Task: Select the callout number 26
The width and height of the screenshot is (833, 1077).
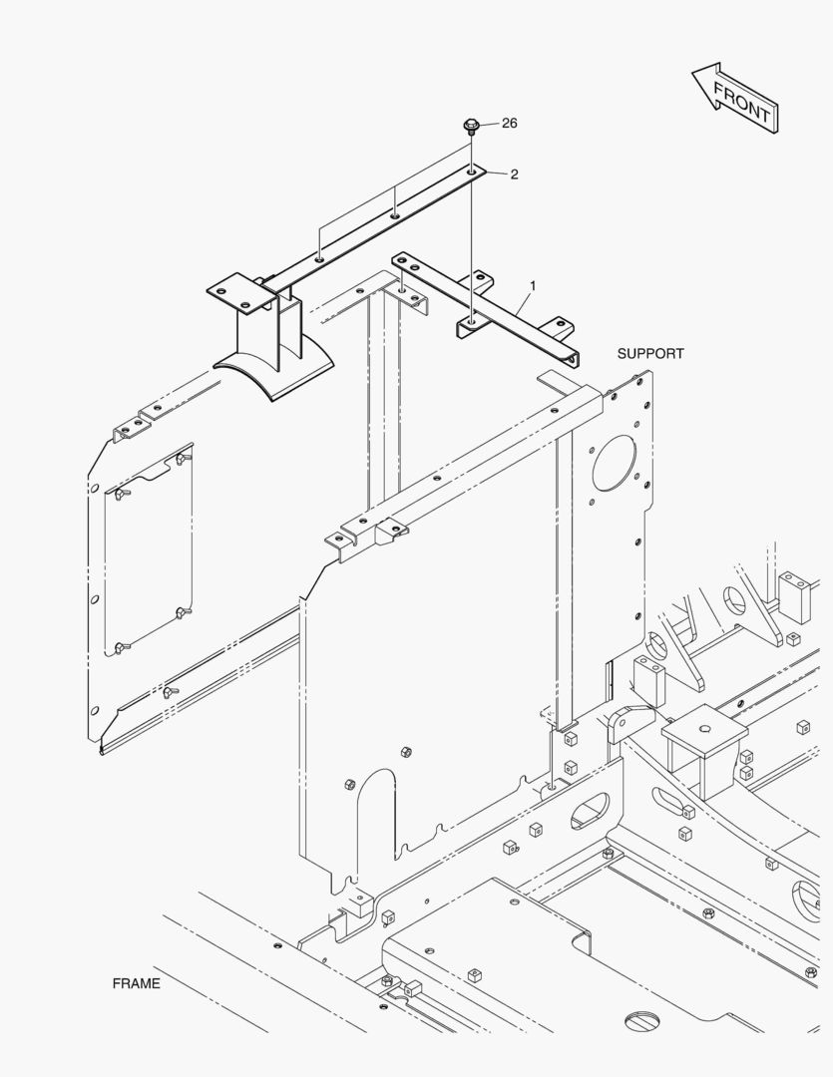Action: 510,124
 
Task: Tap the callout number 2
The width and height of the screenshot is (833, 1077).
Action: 515,175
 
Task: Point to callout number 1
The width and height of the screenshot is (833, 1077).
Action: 533,286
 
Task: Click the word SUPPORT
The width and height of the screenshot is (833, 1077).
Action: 650,354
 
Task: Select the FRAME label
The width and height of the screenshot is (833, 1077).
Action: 136,983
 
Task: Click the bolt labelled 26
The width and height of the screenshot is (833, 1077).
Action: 471,127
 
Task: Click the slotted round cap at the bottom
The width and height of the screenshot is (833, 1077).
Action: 645,1020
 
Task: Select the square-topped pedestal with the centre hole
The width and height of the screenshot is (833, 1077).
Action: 704,733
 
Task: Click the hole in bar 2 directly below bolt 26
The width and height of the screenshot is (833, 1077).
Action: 471,173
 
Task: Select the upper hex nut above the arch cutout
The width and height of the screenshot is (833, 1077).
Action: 404,751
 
